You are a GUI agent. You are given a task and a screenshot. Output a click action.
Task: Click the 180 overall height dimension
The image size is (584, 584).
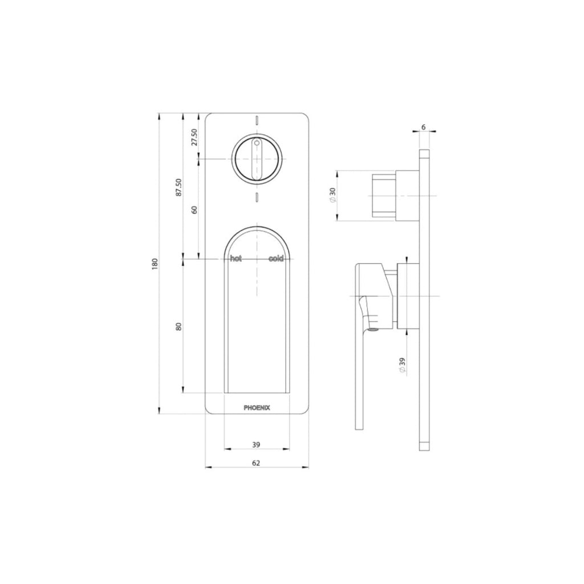click(155, 264)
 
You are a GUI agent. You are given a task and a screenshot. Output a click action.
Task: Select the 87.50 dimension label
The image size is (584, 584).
click(179, 188)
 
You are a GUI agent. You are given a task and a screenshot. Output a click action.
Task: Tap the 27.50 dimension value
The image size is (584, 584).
click(194, 137)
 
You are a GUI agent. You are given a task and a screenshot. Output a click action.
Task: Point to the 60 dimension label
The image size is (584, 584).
click(194, 209)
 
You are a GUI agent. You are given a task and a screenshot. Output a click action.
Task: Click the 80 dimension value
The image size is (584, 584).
click(179, 326)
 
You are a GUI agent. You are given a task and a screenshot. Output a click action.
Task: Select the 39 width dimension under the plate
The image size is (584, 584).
click(256, 444)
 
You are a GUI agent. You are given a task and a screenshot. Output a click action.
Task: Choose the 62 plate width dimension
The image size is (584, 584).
click(256, 464)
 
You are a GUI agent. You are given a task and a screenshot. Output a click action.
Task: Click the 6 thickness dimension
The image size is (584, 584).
click(424, 127)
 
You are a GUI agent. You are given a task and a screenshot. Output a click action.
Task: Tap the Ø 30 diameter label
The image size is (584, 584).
click(332, 196)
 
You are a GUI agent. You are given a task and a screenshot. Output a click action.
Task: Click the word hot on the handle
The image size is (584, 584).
click(236, 259)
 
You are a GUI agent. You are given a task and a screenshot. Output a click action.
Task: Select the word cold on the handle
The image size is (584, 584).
click(276, 259)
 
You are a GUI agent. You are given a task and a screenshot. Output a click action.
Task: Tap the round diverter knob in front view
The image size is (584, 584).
click(257, 159)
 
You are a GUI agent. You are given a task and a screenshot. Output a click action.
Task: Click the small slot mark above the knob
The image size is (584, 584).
click(257, 120)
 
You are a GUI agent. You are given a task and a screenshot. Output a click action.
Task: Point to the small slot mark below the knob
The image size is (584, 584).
click(257, 197)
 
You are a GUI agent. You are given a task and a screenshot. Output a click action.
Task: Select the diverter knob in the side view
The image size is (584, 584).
click(384, 196)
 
